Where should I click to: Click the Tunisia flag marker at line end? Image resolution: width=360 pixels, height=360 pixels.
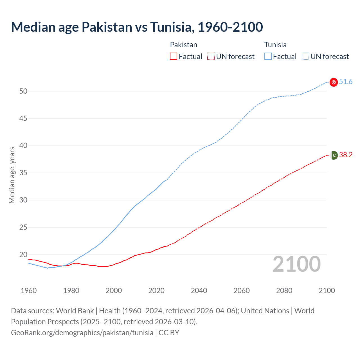coord(334,82)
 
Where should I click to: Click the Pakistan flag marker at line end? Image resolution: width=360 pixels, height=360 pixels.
coord(334,155)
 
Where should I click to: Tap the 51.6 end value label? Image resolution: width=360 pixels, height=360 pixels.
coord(346,82)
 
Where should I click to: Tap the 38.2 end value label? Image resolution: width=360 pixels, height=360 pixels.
coord(346,155)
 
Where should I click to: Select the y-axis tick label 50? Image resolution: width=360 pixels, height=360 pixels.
coord(23,91)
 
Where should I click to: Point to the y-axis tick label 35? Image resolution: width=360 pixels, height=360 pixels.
coord(23,173)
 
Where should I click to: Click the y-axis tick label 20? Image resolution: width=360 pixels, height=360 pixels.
coord(23,255)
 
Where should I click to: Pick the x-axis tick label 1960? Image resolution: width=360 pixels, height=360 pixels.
coord(29,291)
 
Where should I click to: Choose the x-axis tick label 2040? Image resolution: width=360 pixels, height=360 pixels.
coord(199,291)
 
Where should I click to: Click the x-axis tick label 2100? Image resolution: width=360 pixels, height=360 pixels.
coord(327,291)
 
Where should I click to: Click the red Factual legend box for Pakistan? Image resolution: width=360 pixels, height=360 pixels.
coord(174,57)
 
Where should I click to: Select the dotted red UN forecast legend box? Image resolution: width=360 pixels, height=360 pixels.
coord(211,57)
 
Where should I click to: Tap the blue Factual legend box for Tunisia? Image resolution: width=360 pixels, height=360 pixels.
coord(268,57)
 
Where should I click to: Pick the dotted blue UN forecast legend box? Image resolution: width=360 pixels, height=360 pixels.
coord(305,57)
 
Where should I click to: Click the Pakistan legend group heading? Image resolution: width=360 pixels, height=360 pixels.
coord(184,45)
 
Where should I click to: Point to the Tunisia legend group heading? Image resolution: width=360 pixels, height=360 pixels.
coord(275,45)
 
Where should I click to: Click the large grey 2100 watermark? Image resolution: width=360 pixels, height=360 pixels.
coord(297,264)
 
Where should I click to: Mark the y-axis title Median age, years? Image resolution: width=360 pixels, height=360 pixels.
coord(12,175)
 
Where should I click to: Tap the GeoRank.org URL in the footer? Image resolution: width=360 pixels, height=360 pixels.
coord(82,333)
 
